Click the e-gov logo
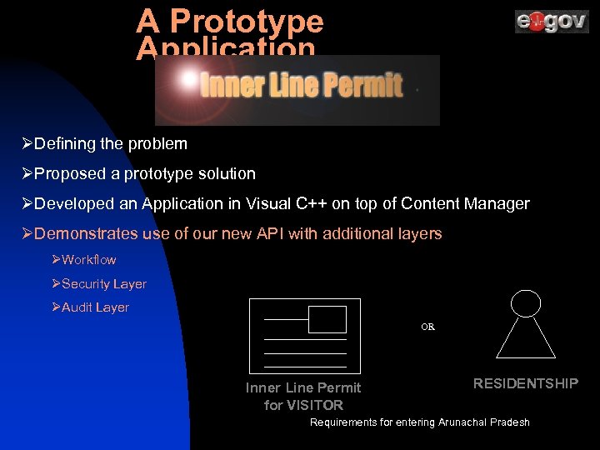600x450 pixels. pyautogui.click(x=551, y=22)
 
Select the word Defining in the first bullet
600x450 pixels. pyautogui.click(x=66, y=144)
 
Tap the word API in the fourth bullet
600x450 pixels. pyautogui.click(x=268, y=234)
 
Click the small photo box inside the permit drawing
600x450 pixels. pyautogui.click(x=327, y=319)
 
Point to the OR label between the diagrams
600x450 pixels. pyautogui.click(x=427, y=327)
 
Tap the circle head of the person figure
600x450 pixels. pyautogui.click(x=525, y=303)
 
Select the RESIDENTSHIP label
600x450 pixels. pyautogui.click(x=525, y=383)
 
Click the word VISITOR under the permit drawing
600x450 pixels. pyautogui.click(x=316, y=406)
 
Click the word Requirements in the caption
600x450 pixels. pyautogui.click(x=343, y=422)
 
